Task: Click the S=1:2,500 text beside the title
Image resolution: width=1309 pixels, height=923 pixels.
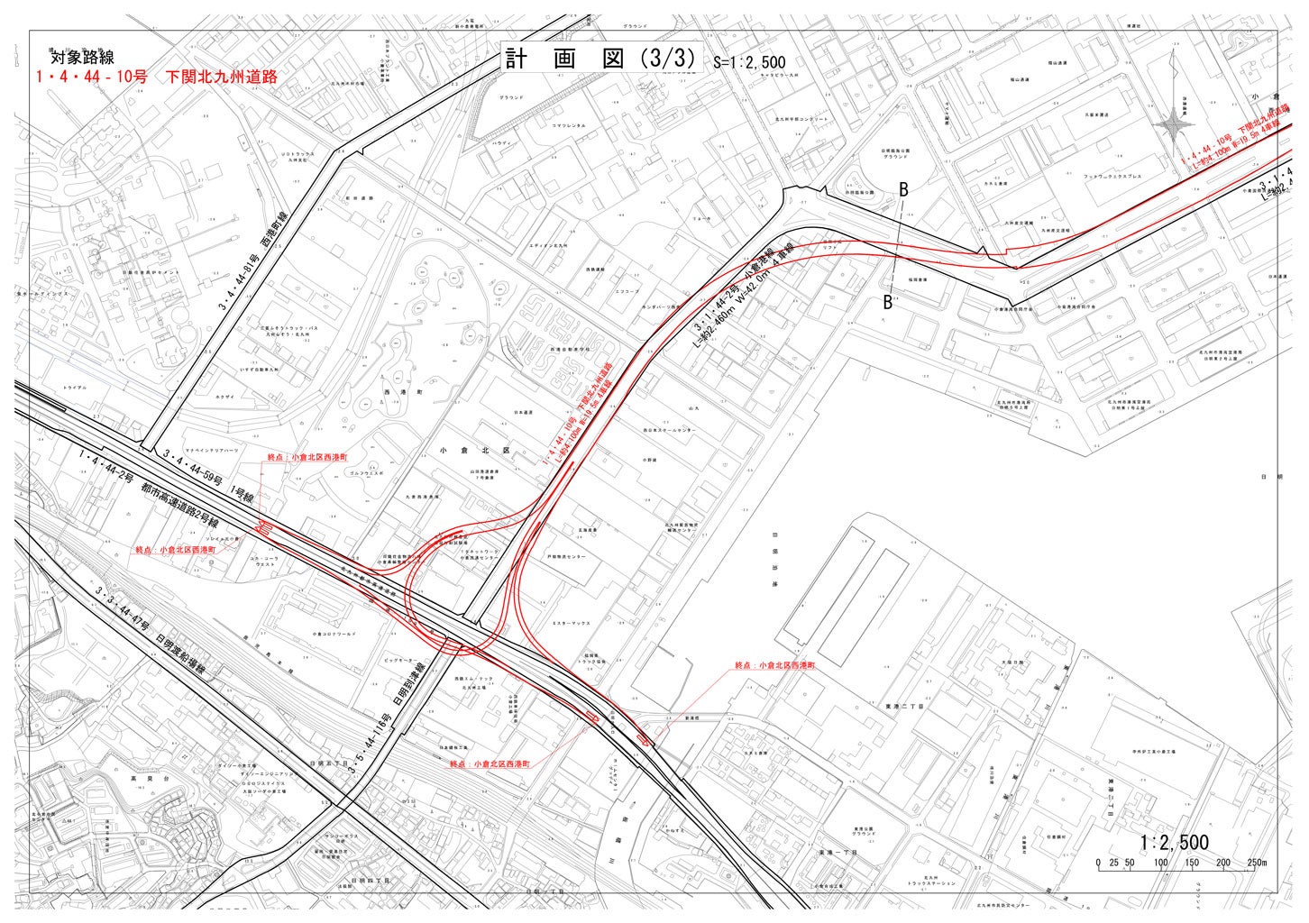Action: tap(749, 63)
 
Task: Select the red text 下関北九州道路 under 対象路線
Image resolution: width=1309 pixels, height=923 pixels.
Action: tap(221, 78)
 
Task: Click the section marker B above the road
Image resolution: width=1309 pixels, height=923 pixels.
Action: tap(902, 188)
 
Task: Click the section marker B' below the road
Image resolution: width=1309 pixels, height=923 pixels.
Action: tap(888, 303)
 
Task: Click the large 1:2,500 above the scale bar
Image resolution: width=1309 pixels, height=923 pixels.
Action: tap(1174, 842)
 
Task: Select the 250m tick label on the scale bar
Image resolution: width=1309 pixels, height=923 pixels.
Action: tap(1257, 863)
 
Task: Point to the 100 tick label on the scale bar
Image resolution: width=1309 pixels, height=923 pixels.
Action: tap(1160, 863)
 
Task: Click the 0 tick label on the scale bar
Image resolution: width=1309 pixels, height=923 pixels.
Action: tap(1098, 863)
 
